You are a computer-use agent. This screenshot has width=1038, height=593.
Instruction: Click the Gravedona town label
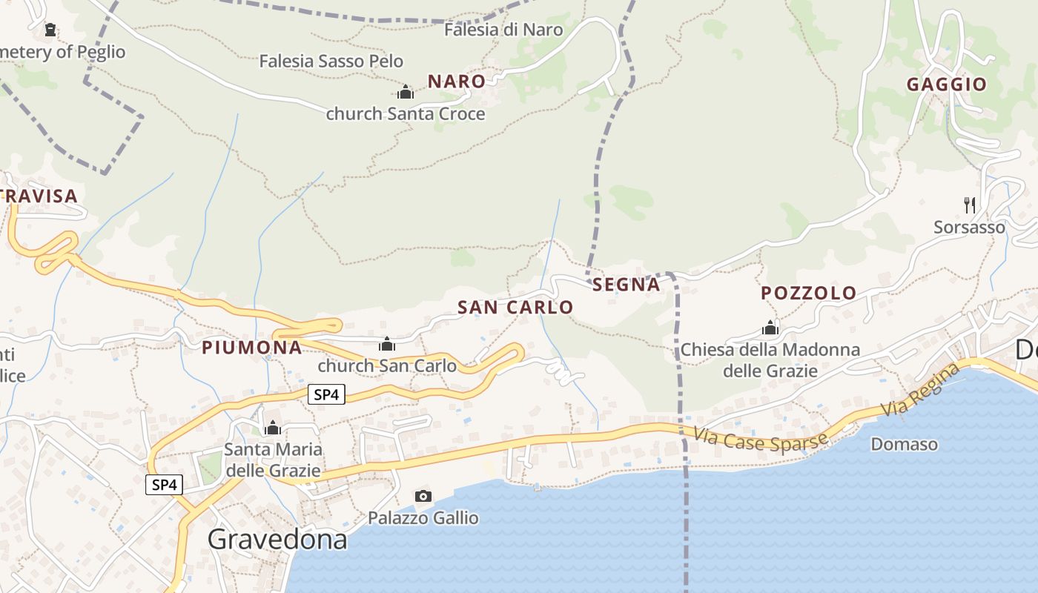[x=277, y=539]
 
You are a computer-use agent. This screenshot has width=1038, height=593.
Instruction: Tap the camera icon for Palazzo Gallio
[x=423, y=496]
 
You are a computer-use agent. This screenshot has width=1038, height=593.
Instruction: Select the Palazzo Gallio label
[x=423, y=517]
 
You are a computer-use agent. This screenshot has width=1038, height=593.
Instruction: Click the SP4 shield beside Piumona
[x=326, y=395]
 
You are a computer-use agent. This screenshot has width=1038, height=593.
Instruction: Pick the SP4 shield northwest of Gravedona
[x=164, y=485]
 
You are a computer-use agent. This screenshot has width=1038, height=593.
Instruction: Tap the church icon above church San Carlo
[x=386, y=344]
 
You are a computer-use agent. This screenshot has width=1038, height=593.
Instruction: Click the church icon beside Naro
[x=406, y=92]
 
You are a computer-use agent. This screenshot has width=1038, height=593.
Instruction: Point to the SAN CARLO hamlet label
[x=515, y=307]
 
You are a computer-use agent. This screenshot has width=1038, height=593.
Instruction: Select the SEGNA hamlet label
[x=626, y=285]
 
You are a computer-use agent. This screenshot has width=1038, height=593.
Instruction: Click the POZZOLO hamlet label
[x=808, y=293]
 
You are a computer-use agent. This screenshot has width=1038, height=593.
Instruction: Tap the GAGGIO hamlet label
[x=947, y=85]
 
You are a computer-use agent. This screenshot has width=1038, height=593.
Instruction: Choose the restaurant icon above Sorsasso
[x=969, y=205]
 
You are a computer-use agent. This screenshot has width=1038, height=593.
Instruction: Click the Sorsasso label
[x=969, y=227]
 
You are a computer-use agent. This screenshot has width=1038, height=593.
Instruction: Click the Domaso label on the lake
[x=904, y=444]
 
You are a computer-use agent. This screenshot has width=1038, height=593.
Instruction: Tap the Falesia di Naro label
[x=503, y=30]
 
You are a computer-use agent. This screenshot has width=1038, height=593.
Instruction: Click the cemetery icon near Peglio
[x=50, y=30]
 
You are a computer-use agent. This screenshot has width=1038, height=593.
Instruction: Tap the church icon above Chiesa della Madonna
[x=770, y=328]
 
